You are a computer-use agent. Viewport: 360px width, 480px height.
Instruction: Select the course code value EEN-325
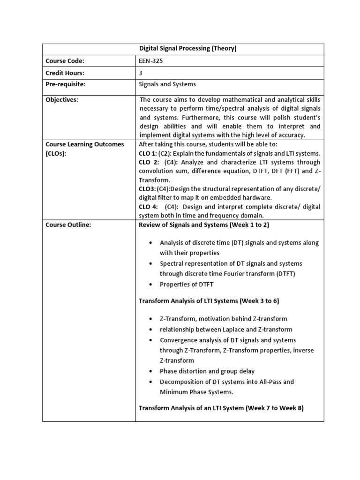tap(150, 61)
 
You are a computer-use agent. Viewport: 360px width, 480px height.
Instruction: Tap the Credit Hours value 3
tap(141, 73)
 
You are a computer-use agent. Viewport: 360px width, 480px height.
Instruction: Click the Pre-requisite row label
tap(66, 84)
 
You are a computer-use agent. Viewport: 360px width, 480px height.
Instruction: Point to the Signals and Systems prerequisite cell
tap(167, 84)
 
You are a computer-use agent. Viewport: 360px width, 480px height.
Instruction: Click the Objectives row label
tap(62, 99)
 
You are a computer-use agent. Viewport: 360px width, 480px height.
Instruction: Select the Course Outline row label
tap(68, 225)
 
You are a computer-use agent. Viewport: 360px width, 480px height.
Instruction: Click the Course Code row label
tap(65, 61)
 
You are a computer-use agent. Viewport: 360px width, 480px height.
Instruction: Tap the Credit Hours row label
tap(65, 73)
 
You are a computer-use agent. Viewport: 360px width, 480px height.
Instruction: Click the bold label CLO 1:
tap(148, 153)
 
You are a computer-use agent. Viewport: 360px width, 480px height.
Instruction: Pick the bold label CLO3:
tap(147, 189)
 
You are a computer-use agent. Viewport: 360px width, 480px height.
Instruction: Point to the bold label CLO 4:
tap(148, 207)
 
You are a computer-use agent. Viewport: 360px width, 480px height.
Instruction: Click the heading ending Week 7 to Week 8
tap(221, 408)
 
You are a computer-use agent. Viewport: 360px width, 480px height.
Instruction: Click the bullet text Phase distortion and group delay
tap(207, 371)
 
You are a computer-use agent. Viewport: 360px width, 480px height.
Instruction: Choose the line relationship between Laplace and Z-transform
tap(226, 330)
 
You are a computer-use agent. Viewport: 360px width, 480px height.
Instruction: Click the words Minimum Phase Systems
tap(196, 392)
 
